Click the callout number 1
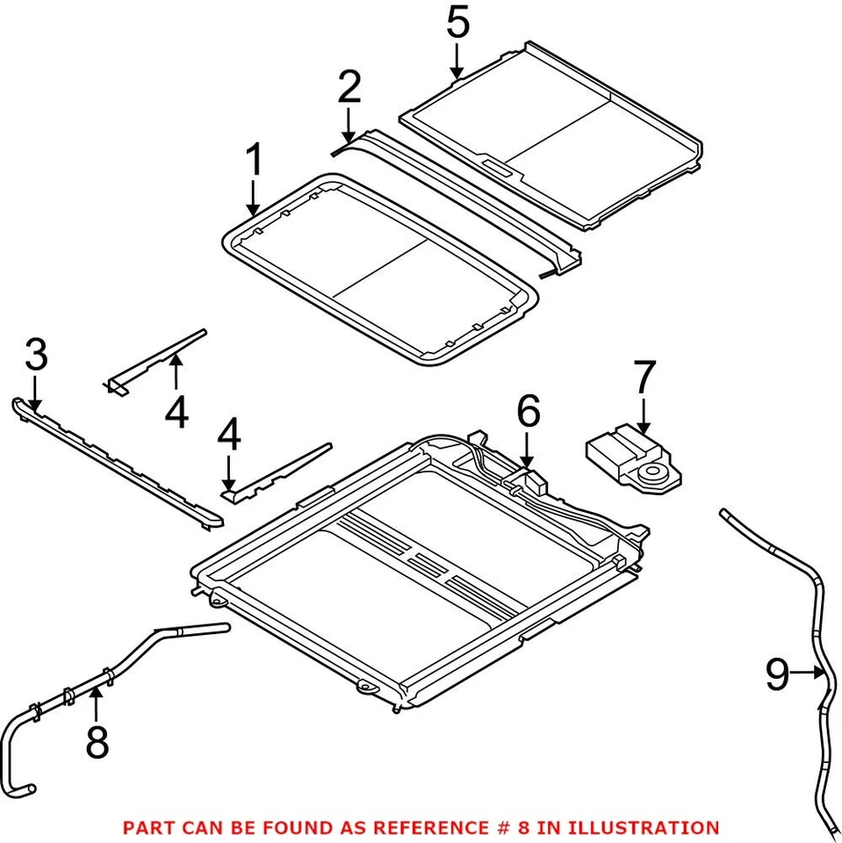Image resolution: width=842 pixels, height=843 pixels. [254, 161]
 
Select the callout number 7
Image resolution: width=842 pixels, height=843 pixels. [644, 378]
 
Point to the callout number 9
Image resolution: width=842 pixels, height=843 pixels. [776, 674]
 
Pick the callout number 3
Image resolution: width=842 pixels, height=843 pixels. [36, 357]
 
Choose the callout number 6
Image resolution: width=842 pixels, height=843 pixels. [528, 412]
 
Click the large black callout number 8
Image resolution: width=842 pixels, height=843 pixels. [97, 742]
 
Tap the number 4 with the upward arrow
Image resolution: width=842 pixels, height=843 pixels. [176, 412]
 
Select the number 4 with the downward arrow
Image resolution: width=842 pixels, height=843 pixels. [229, 436]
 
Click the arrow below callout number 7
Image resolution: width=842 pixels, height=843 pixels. [644, 415]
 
